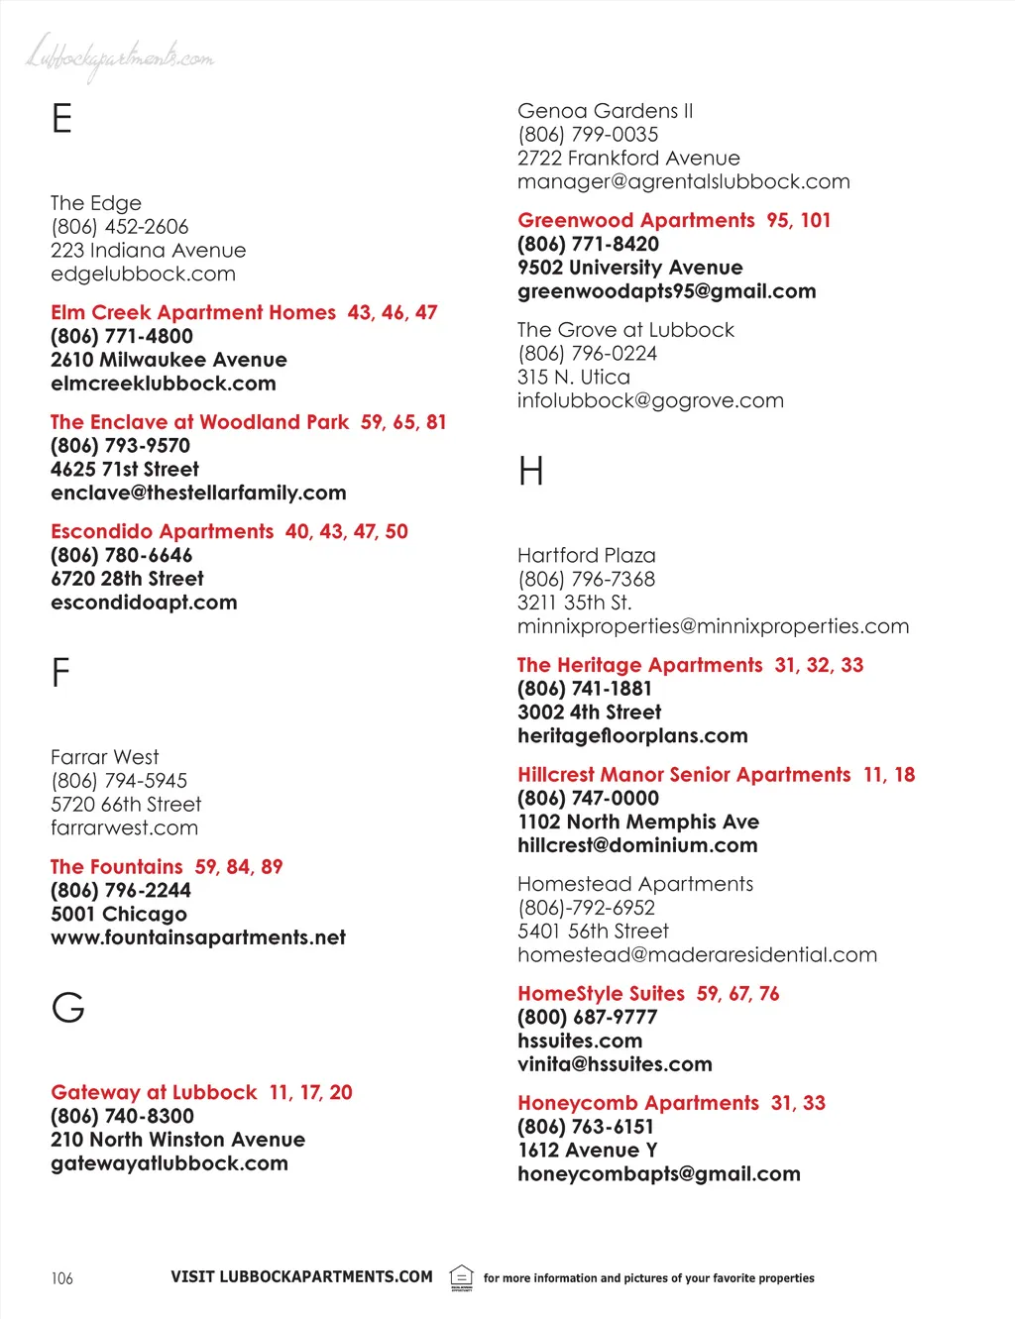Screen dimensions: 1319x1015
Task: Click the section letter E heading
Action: click(61, 119)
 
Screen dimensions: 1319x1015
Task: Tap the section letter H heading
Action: click(531, 471)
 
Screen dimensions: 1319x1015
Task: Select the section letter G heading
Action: click(68, 1008)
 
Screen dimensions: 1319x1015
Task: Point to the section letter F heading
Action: click(60, 673)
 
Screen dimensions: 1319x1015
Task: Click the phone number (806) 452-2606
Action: click(120, 227)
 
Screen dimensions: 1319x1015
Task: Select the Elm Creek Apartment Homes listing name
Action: click(193, 313)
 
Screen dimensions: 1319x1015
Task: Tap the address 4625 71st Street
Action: click(125, 470)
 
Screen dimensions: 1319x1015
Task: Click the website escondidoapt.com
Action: click(144, 603)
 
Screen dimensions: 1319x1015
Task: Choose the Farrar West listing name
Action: click(104, 757)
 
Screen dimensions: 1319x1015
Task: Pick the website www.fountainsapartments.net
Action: click(198, 937)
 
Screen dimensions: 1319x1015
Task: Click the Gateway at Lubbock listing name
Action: click(154, 1093)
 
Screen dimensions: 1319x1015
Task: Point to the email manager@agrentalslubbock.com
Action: click(683, 182)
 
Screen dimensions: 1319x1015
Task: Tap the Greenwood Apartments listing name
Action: click(635, 221)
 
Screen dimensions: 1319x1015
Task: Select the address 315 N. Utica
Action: click(573, 378)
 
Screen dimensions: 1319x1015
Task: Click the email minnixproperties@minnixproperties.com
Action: click(713, 626)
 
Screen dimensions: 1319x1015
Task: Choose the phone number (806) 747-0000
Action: click(588, 799)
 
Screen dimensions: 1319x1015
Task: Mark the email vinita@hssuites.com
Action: click(615, 1064)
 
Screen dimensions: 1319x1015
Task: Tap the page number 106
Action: click(61, 1278)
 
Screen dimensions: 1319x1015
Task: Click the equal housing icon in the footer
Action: click(461, 1276)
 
